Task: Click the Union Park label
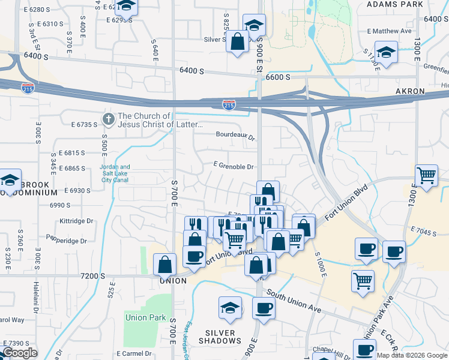tap(145, 317)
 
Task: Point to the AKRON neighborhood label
tap(410, 91)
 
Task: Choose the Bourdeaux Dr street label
tap(237, 135)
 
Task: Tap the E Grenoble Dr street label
tap(234, 166)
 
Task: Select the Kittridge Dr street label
tap(77, 221)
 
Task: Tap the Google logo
tap(19, 353)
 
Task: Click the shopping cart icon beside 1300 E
tap(426, 176)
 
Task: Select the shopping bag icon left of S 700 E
tap(164, 264)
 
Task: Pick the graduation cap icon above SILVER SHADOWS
tap(231, 308)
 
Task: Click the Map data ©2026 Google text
tap(412, 355)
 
